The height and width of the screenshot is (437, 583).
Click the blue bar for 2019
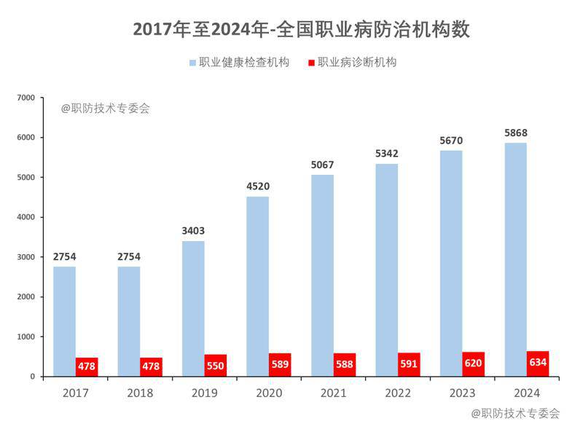193,309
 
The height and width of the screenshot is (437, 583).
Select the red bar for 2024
538,364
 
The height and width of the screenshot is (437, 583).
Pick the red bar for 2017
87,367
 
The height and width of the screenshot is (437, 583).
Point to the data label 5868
516,133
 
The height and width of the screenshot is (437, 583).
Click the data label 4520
258,186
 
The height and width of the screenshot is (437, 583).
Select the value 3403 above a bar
193,231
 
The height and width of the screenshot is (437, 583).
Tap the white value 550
216,366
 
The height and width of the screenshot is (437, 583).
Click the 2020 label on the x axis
269,393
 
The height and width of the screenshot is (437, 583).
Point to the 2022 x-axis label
398,393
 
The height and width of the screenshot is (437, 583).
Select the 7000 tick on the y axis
26,98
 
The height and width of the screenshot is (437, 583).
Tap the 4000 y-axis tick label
26,217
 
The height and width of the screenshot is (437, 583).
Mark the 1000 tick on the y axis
26,336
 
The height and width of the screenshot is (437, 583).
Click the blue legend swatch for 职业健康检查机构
193,63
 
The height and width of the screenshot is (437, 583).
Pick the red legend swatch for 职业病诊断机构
312,63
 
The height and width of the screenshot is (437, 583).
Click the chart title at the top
301,29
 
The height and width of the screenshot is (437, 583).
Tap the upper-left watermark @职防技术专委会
106,109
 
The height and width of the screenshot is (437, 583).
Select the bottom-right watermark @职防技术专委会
515,414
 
